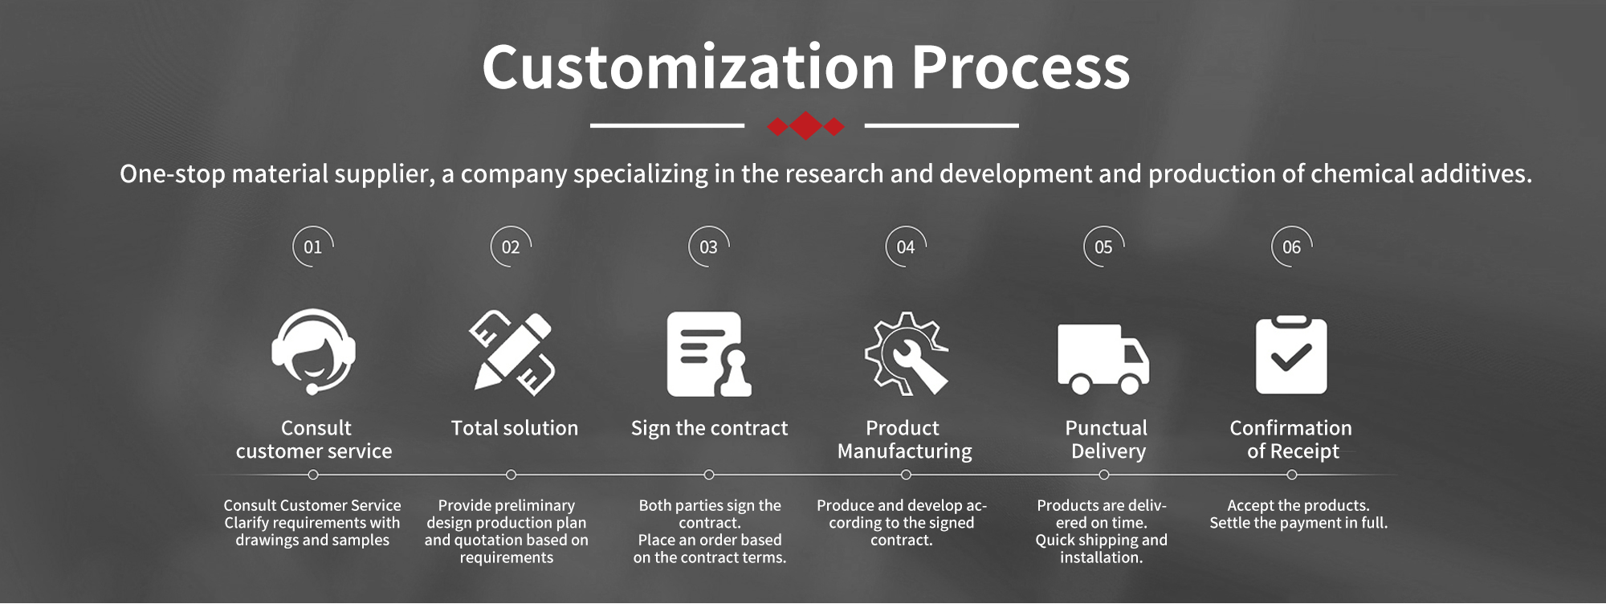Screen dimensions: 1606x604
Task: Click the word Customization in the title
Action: click(x=688, y=67)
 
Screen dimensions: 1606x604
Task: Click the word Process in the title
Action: click(x=1021, y=67)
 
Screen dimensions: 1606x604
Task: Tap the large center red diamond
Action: click(x=805, y=126)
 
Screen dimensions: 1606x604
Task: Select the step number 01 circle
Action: click(x=313, y=247)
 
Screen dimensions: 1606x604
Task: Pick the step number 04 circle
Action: click(x=906, y=247)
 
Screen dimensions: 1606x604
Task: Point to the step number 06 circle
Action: click(x=1291, y=247)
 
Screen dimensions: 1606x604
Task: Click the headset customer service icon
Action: click(x=314, y=351)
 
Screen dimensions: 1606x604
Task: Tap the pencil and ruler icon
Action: click(x=512, y=352)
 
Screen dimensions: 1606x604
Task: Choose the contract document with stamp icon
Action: click(x=709, y=354)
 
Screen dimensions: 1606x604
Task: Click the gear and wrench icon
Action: click(x=907, y=353)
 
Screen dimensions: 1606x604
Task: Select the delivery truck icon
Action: click(x=1103, y=359)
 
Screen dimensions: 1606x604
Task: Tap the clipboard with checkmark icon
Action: click(x=1291, y=354)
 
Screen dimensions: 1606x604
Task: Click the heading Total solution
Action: click(x=515, y=428)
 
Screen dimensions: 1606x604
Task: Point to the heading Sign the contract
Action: click(x=709, y=429)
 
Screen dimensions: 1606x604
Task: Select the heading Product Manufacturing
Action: click(x=905, y=439)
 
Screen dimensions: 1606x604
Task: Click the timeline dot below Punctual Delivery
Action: click(x=1104, y=475)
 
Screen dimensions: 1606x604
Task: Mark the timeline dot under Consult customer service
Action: click(x=313, y=475)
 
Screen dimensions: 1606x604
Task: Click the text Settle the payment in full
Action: click(x=1298, y=523)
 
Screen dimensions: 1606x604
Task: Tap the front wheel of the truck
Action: click(x=1130, y=385)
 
